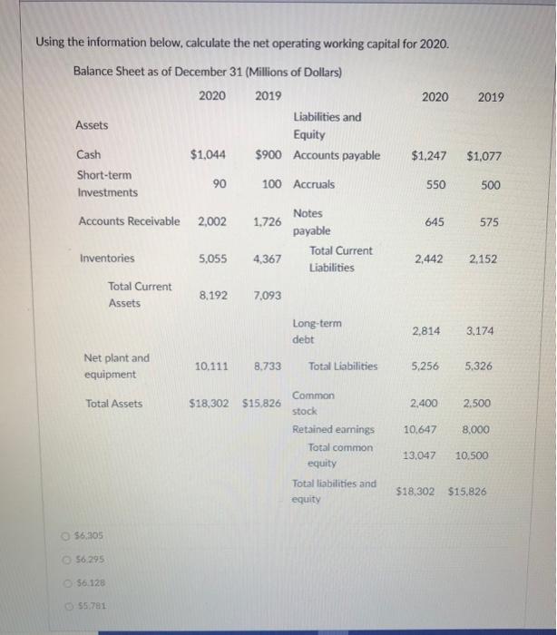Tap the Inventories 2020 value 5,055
[x=214, y=259]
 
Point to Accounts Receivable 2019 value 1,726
[x=267, y=221]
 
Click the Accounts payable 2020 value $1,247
[x=427, y=156]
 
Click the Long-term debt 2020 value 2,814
[x=426, y=331]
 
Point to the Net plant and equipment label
[x=116, y=366]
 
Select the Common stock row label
[x=313, y=404]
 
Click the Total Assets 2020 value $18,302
[x=210, y=404]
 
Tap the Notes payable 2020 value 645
[x=435, y=221]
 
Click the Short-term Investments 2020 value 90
[x=219, y=184]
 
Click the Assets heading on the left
[x=92, y=125]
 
